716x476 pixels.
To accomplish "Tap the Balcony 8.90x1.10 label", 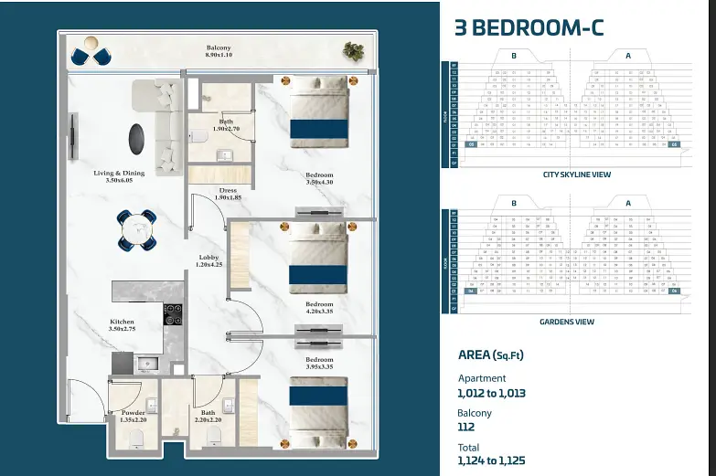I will point(219,52).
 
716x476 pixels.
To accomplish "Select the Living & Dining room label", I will point(119,176).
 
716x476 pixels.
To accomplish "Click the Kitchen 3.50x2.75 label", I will point(123,326).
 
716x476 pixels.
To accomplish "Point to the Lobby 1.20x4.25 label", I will point(209,261).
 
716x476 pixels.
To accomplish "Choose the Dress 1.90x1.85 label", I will point(228,195).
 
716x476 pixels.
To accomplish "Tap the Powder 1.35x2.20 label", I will point(134,416).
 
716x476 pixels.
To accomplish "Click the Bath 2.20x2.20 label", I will point(208,416).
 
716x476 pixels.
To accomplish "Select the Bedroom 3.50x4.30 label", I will point(319,179).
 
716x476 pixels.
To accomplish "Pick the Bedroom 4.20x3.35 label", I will point(319,308).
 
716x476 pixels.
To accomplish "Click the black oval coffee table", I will point(135,137).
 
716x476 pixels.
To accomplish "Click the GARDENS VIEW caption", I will point(567,322).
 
